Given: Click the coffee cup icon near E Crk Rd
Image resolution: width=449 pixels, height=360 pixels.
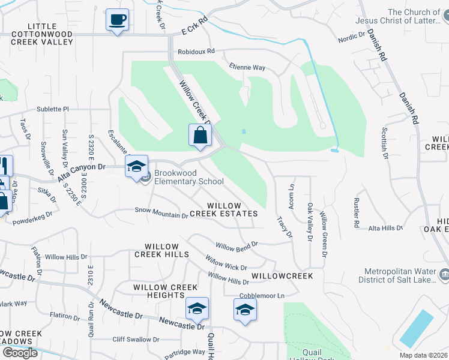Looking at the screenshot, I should (x=117, y=20).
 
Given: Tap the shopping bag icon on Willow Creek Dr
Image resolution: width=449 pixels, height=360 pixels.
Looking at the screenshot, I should (x=200, y=136).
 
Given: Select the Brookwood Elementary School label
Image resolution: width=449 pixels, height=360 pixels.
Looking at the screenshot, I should (x=188, y=177).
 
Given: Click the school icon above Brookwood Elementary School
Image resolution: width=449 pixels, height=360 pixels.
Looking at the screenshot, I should (x=136, y=167).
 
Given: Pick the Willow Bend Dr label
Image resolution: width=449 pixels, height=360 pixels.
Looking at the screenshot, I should (x=237, y=245).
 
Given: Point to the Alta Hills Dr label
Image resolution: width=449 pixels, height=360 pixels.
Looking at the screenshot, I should (x=385, y=228).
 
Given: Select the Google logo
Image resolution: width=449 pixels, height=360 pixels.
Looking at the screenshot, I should (x=20, y=352).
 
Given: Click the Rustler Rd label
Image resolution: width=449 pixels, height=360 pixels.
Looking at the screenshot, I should (x=356, y=213).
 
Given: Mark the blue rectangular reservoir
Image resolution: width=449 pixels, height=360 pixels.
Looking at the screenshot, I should (x=416, y=328).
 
